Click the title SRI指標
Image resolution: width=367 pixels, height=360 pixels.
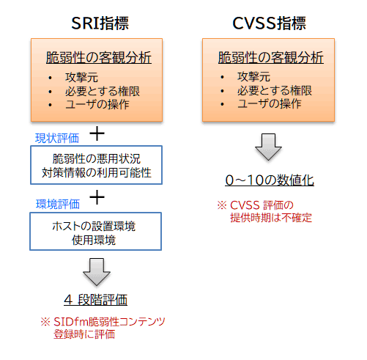coord(100,23)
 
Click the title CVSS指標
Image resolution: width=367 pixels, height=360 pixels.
coord(269,23)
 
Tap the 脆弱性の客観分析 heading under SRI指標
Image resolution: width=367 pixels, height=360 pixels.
coord(99,58)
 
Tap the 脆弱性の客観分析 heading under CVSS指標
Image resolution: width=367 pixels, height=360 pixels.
coord(271,58)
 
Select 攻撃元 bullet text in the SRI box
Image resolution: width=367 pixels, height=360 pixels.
coord(81,78)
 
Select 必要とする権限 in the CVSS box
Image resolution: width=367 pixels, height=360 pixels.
coord(275,91)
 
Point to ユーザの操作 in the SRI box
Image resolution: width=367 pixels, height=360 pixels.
coord(97,104)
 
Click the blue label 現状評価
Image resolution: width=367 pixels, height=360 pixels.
coord(57,138)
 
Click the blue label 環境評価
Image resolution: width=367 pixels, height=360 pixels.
coord(58,204)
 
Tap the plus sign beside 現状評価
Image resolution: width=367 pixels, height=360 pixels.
coord(97,133)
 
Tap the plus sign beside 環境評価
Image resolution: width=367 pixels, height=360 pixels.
coord(97,197)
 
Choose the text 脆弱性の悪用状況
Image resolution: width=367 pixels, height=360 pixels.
coord(97,159)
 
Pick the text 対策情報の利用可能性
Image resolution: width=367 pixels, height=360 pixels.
coord(97,172)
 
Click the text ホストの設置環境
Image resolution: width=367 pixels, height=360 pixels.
coord(94,227)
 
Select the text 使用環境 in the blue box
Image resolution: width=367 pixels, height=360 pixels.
coord(94,240)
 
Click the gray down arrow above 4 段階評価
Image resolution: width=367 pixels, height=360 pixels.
coord(97,272)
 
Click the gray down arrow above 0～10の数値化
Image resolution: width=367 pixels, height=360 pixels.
coord(268,147)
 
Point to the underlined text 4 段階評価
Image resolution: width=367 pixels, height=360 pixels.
coord(96,300)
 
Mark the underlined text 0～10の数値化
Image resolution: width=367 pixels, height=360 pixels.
coord(270,180)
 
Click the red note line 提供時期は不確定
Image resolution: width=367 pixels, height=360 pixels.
coord(271,218)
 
